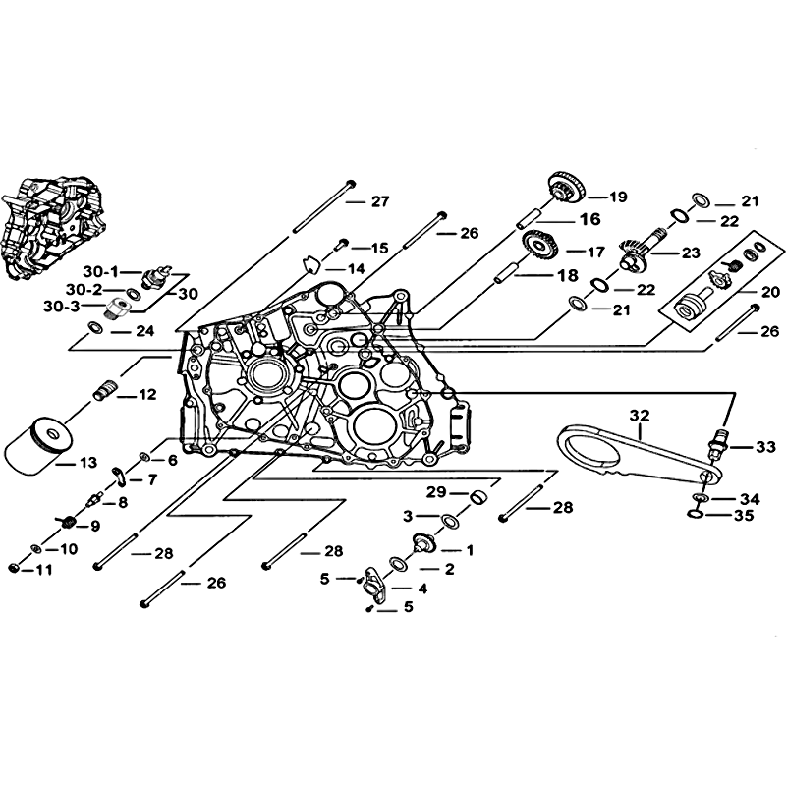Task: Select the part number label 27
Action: click(x=380, y=201)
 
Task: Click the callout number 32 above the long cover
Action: click(x=640, y=415)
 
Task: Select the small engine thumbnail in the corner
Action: click(x=54, y=227)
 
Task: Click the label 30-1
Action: click(x=100, y=272)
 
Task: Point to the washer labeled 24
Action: click(x=95, y=328)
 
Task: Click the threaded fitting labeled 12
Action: click(x=105, y=389)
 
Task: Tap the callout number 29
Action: click(x=436, y=492)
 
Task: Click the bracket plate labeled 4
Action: click(x=375, y=581)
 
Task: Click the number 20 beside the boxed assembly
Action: click(x=770, y=291)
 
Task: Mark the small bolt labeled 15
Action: click(x=341, y=244)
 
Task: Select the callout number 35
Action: click(x=744, y=515)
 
